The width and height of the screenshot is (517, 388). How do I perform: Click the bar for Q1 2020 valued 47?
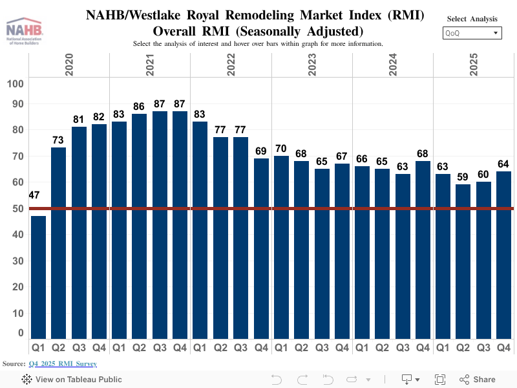(x=38, y=278)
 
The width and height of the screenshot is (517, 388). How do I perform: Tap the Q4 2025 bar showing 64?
(x=503, y=255)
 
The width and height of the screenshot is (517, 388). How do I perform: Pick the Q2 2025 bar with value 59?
(x=463, y=262)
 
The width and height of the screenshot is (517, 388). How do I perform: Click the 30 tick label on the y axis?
(x=18, y=261)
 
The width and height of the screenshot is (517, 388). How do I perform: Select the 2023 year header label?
(x=311, y=65)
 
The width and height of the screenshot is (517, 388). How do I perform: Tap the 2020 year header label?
(x=69, y=65)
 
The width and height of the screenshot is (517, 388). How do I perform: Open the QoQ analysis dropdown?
(x=472, y=33)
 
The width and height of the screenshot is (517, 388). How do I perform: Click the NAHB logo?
(x=25, y=30)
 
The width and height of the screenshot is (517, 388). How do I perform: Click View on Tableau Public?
(x=71, y=380)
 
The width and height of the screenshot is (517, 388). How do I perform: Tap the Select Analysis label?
(x=472, y=19)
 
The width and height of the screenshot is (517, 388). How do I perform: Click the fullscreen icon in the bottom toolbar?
(x=440, y=380)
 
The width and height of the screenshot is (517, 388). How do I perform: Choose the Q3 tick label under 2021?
(x=160, y=348)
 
